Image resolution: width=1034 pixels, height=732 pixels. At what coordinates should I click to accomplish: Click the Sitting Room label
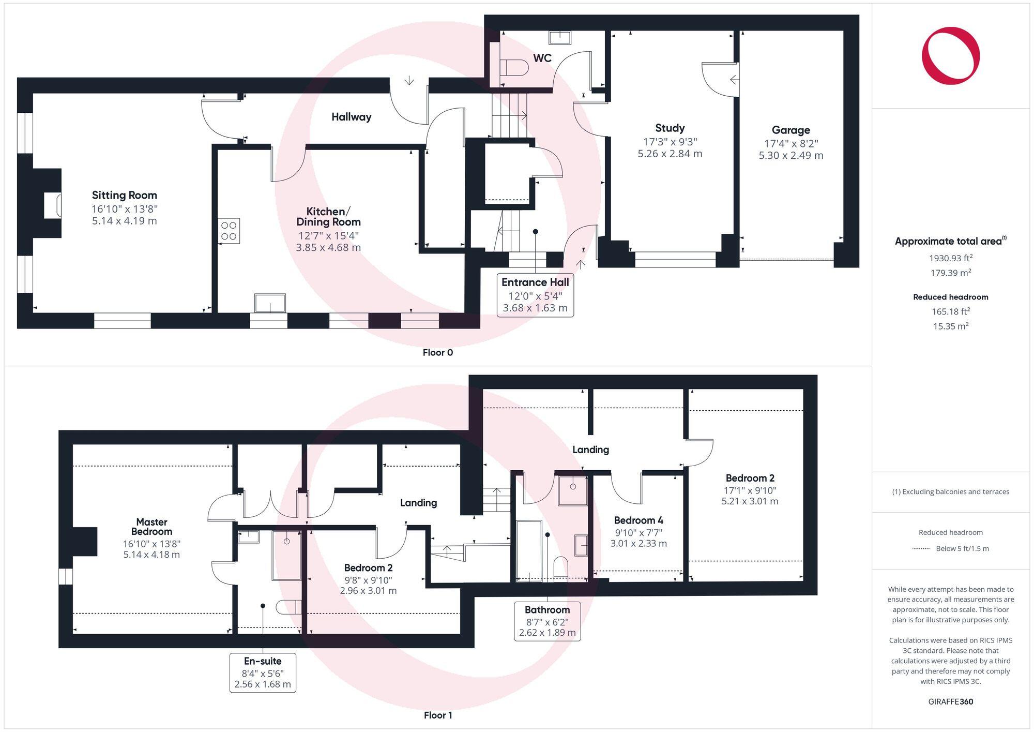click(x=124, y=195)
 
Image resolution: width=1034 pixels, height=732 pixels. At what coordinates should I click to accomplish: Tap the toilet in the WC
click(x=514, y=68)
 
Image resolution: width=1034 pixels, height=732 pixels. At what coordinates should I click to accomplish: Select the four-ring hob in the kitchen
click(x=229, y=231)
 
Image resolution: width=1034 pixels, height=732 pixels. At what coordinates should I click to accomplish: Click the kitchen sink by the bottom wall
click(x=270, y=303)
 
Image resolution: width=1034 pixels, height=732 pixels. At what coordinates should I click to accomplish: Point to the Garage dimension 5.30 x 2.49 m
click(x=790, y=155)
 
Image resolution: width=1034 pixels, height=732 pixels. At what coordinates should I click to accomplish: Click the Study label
click(x=670, y=128)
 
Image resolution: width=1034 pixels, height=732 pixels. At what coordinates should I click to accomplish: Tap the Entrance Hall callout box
click(x=535, y=294)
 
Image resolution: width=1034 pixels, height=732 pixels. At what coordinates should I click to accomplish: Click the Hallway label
click(x=351, y=117)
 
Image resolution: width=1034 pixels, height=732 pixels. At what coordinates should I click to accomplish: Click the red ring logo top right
click(x=950, y=55)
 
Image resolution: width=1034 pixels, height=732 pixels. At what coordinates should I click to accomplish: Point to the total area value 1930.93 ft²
click(x=950, y=258)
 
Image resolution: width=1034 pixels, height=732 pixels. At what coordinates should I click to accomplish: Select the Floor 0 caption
click(x=437, y=352)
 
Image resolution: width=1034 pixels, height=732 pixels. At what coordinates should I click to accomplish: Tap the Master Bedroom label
click(x=151, y=527)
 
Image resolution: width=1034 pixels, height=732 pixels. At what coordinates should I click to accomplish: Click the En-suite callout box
click(x=263, y=672)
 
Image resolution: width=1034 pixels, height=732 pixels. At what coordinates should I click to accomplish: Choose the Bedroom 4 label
click(x=638, y=520)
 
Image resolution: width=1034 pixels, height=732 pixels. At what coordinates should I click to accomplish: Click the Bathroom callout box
click(x=547, y=621)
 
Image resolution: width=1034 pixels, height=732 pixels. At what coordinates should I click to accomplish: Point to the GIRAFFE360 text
click(x=950, y=701)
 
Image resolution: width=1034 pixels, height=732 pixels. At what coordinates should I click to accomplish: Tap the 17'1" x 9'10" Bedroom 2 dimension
click(x=750, y=490)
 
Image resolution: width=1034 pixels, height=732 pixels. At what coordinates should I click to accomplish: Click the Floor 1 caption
click(x=437, y=715)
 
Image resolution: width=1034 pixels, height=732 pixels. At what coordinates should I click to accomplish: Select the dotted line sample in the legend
click(x=921, y=549)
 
